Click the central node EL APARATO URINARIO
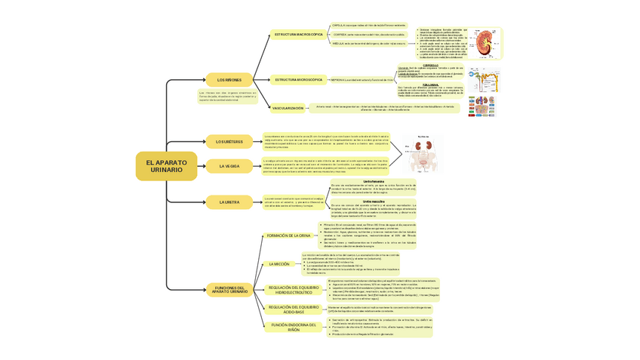(x=166, y=166)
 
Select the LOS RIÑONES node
(x=229, y=79)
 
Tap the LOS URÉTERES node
(x=229, y=141)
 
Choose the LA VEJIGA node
(x=229, y=166)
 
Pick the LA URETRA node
(x=229, y=202)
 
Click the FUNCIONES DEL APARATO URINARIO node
(x=229, y=290)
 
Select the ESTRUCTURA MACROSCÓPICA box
(x=298, y=35)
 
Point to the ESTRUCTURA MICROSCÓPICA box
(x=298, y=79)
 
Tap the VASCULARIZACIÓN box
(x=288, y=108)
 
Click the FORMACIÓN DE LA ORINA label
(x=288, y=235)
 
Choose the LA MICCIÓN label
(x=279, y=264)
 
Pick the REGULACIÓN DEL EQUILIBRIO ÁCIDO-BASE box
(x=294, y=309)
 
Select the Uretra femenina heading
(x=374, y=181)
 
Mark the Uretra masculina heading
(x=374, y=202)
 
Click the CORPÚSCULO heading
(x=431, y=65)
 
